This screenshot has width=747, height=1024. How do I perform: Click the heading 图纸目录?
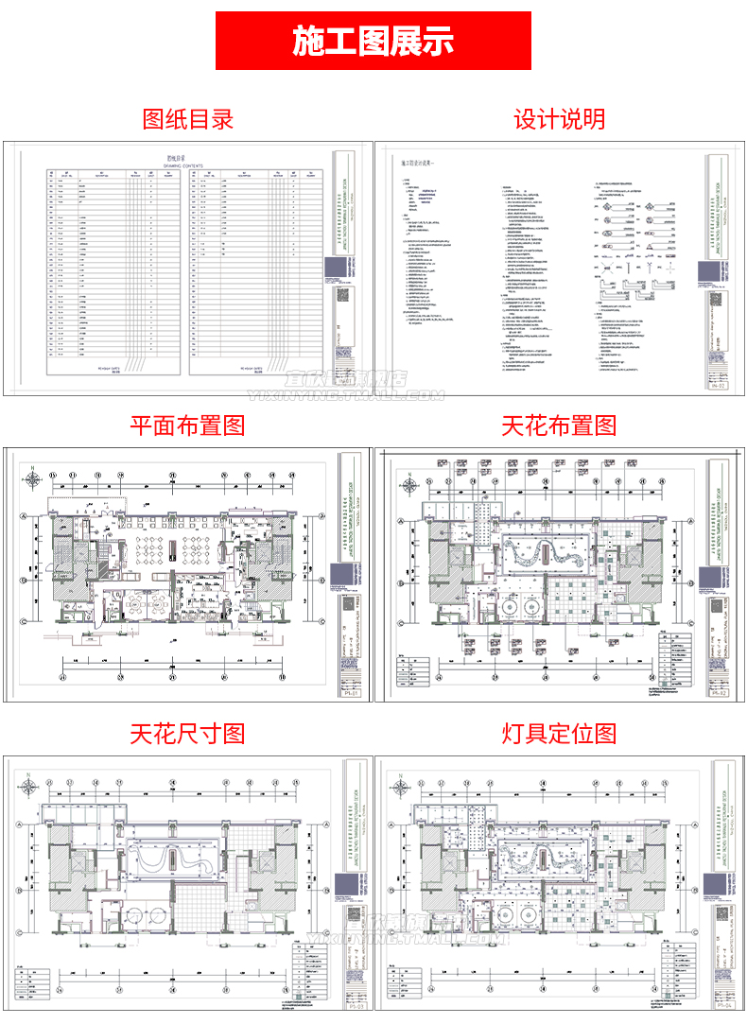(x=187, y=119)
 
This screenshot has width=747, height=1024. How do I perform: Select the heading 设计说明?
(x=560, y=119)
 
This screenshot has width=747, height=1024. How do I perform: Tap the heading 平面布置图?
(x=187, y=425)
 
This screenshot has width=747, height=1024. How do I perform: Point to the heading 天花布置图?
(x=560, y=425)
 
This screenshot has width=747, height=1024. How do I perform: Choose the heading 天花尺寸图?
(x=187, y=733)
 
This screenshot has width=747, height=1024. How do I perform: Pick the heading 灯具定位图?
(x=560, y=733)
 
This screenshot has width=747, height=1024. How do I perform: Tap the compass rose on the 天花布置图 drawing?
(x=410, y=487)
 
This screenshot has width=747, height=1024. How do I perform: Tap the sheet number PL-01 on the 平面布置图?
(x=349, y=692)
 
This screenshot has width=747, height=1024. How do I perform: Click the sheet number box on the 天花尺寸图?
(x=349, y=1001)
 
